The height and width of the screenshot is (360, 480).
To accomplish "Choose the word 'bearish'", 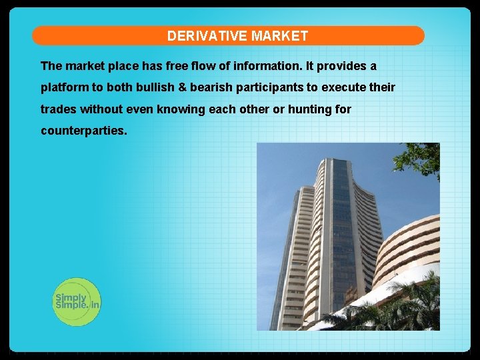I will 209,87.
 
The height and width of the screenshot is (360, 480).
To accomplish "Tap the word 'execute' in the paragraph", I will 345,87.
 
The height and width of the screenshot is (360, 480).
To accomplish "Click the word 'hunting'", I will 310,109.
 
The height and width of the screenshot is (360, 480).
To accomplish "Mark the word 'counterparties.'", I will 83,131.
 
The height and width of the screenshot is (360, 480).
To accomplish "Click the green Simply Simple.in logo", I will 77,302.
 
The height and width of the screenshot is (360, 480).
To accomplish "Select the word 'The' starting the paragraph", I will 51,66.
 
